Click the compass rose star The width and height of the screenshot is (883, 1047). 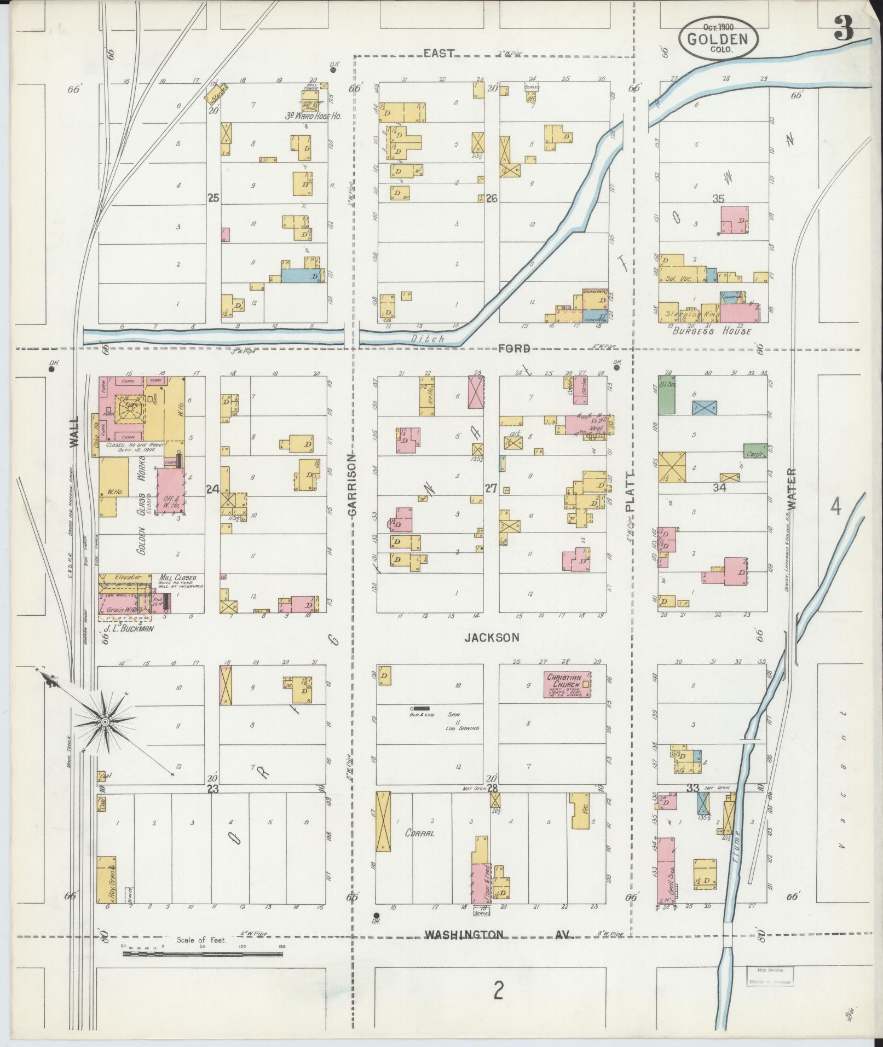coord(104,723)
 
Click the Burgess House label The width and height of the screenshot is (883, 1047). coord(712,331)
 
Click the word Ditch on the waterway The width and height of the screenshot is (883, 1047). coord(428,339)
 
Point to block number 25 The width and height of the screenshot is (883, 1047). coord(213,198)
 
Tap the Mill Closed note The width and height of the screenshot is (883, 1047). coord(177,578)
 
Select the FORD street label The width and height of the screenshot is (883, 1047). coord(514,349)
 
